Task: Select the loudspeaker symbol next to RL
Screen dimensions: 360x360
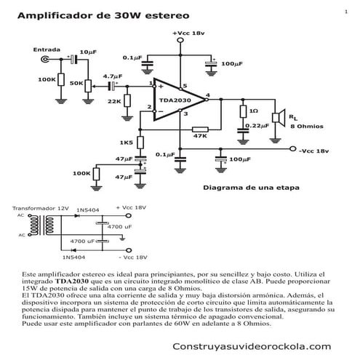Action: pyautogui.click(x=277, y=116)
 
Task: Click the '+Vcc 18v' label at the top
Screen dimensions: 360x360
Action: pyautogui.click(x=188, y=33)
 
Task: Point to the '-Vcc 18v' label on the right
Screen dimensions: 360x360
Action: pyautogui.click(x=314, y=151)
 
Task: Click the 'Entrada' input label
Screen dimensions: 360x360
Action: pyautogui.click(x=47, y=49)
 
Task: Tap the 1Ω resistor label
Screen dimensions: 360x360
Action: pyautogui.click(x=253, y=111)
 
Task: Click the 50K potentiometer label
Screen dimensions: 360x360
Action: pyautogui.click(x=75, y=84)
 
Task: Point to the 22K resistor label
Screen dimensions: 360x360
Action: pyautogui.click(x=114, y=101)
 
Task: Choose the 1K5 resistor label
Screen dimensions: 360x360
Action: pyautogui.click(x=126, y=142)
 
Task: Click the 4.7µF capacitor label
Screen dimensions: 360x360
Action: pyautogui.click(x=113, y=76)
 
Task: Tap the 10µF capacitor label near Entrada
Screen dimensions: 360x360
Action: pyautogui.click(x=87, y=52)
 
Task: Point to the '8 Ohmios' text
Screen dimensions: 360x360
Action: pyautogui.click(x=308, y=126)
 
